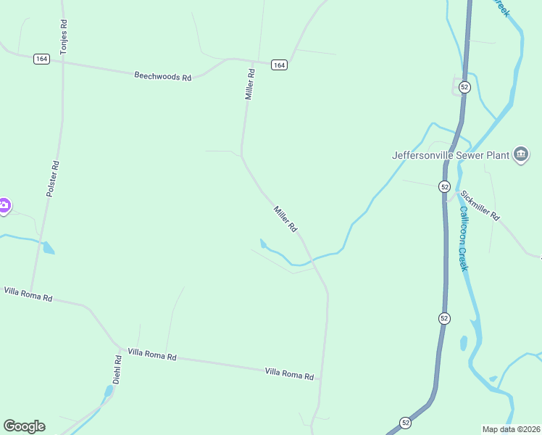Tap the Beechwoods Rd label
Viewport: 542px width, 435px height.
[x=162, y=75]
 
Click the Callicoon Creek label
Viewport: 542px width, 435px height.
[x=464, y=239]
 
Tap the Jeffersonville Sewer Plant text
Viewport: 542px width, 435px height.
[x=450, y=154]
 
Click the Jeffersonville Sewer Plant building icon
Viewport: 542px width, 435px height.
[x=521, y=154]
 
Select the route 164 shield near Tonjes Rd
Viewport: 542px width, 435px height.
[x=41, y=59]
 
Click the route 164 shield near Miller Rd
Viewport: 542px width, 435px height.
[x=280, y=65]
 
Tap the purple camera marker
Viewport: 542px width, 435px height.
[x=4, y=206]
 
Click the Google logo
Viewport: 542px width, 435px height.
[x=24, y=426]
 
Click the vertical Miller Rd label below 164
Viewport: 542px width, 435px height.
[x=250, y=84]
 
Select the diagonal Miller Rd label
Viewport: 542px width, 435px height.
[x=285, y=219]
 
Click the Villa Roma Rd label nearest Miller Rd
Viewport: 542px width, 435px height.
[x=289, y=374]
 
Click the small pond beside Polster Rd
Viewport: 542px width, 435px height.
[x=48, y=248]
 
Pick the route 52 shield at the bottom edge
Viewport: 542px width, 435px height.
[x=405, y=422]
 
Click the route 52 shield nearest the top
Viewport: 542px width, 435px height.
[x=464, y=86]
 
